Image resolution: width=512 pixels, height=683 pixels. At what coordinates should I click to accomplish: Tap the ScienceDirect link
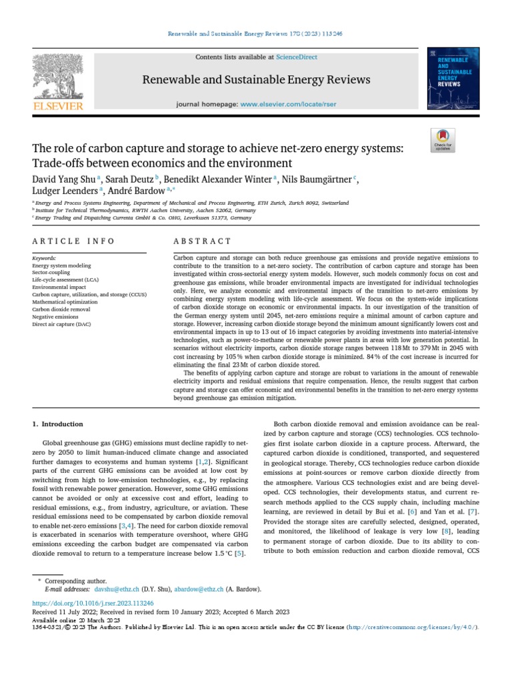299,57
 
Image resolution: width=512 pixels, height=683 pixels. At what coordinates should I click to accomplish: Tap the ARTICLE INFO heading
73,241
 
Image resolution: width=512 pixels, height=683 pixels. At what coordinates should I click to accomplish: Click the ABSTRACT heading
203,241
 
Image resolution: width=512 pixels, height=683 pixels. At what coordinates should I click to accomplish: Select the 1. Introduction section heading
58,424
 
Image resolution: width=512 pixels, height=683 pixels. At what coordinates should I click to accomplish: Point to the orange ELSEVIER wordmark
58,106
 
